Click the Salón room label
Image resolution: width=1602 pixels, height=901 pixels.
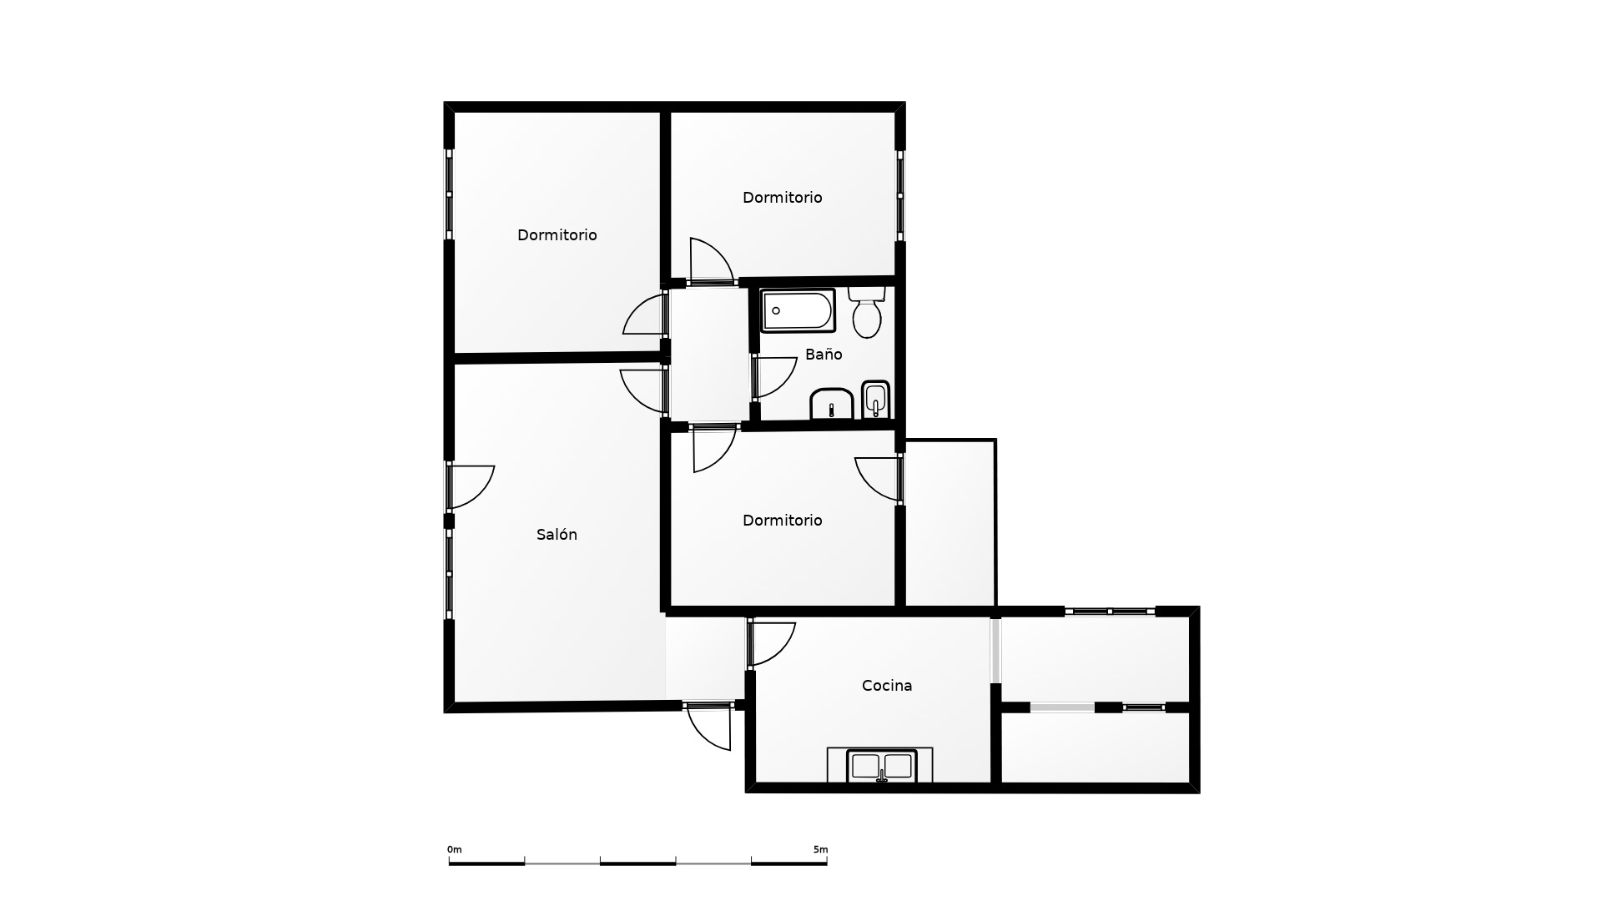point(557,535)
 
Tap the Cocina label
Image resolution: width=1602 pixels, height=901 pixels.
point(887,686)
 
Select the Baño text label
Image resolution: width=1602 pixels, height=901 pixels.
point(824,355)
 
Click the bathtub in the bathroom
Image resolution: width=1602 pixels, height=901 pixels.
point(798,310)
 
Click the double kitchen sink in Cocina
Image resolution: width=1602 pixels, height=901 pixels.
point(881,766)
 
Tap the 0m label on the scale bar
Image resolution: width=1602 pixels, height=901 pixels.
point(454,849)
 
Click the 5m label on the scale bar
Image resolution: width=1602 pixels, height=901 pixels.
point(821,849)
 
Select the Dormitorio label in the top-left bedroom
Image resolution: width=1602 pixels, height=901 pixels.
point(557,235)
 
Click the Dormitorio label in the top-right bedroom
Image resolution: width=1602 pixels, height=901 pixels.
point(782,198)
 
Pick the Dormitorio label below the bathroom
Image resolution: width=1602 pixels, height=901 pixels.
point(782,521)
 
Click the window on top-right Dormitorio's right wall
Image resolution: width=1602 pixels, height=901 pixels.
point(900,196)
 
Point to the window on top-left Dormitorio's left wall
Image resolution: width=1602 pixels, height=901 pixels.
point(449,194)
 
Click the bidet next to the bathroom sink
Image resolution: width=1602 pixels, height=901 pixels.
point(875,400)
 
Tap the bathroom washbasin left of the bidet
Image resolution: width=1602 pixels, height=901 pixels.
point(831,404)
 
